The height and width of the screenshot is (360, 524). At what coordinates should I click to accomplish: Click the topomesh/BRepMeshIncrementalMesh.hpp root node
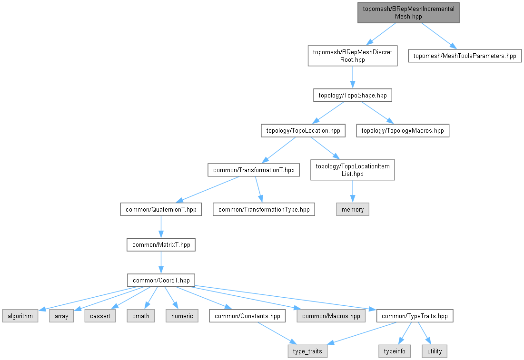tap(408, 12)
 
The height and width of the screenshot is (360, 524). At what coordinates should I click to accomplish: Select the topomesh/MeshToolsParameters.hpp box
tap(465, 56)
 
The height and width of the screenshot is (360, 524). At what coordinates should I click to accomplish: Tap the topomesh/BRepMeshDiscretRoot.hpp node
tap(352, 56)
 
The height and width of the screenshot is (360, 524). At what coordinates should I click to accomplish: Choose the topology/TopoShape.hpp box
tap(352, 95)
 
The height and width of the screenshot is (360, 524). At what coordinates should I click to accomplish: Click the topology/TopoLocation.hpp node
tap(303, 130)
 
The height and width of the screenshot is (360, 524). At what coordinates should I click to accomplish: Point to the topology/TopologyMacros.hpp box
tap(403, 130)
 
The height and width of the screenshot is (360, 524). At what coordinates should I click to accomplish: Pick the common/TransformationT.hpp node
tap(254, 170)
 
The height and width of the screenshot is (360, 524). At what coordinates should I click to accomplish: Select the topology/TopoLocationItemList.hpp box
tap(352, 170)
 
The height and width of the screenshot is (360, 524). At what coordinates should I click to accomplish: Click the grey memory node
tap(352, 209)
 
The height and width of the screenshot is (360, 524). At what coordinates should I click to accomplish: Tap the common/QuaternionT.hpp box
tap(161, 209)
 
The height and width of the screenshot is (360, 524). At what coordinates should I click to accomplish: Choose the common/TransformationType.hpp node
tap(264, 209)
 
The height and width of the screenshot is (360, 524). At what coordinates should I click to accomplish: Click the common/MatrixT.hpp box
tap(161, 245)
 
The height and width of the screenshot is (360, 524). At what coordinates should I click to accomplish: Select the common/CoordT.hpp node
tap(161, 280)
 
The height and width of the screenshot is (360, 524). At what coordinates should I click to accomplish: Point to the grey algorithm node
tap(20, 316)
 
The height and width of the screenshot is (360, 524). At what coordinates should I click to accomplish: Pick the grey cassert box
tap(100, 316)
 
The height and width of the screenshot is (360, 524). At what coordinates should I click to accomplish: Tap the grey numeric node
tap(182, 316)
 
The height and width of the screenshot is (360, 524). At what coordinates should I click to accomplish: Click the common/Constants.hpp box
tap(247, 316)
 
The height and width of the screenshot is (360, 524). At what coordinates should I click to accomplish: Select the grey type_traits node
tap(307, 351)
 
